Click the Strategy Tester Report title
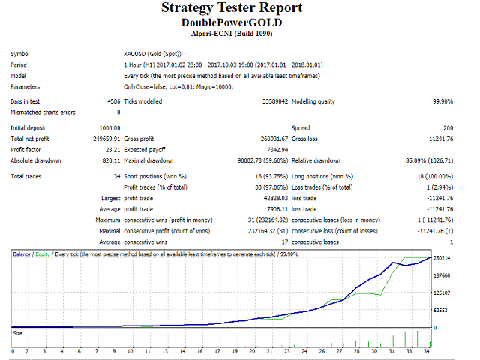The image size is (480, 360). point(232,8)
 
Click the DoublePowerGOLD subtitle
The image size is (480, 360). point(232,23)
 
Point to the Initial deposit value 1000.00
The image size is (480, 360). point(109,128)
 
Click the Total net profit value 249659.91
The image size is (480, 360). point(106,139)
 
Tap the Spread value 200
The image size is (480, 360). point(447,128)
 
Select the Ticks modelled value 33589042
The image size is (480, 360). point(274,101)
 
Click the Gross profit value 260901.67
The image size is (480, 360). point(271,139)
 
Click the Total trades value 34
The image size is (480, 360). point(115,176)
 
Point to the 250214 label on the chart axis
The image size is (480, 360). point(441,258)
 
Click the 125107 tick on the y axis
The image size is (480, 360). point(441,292)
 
